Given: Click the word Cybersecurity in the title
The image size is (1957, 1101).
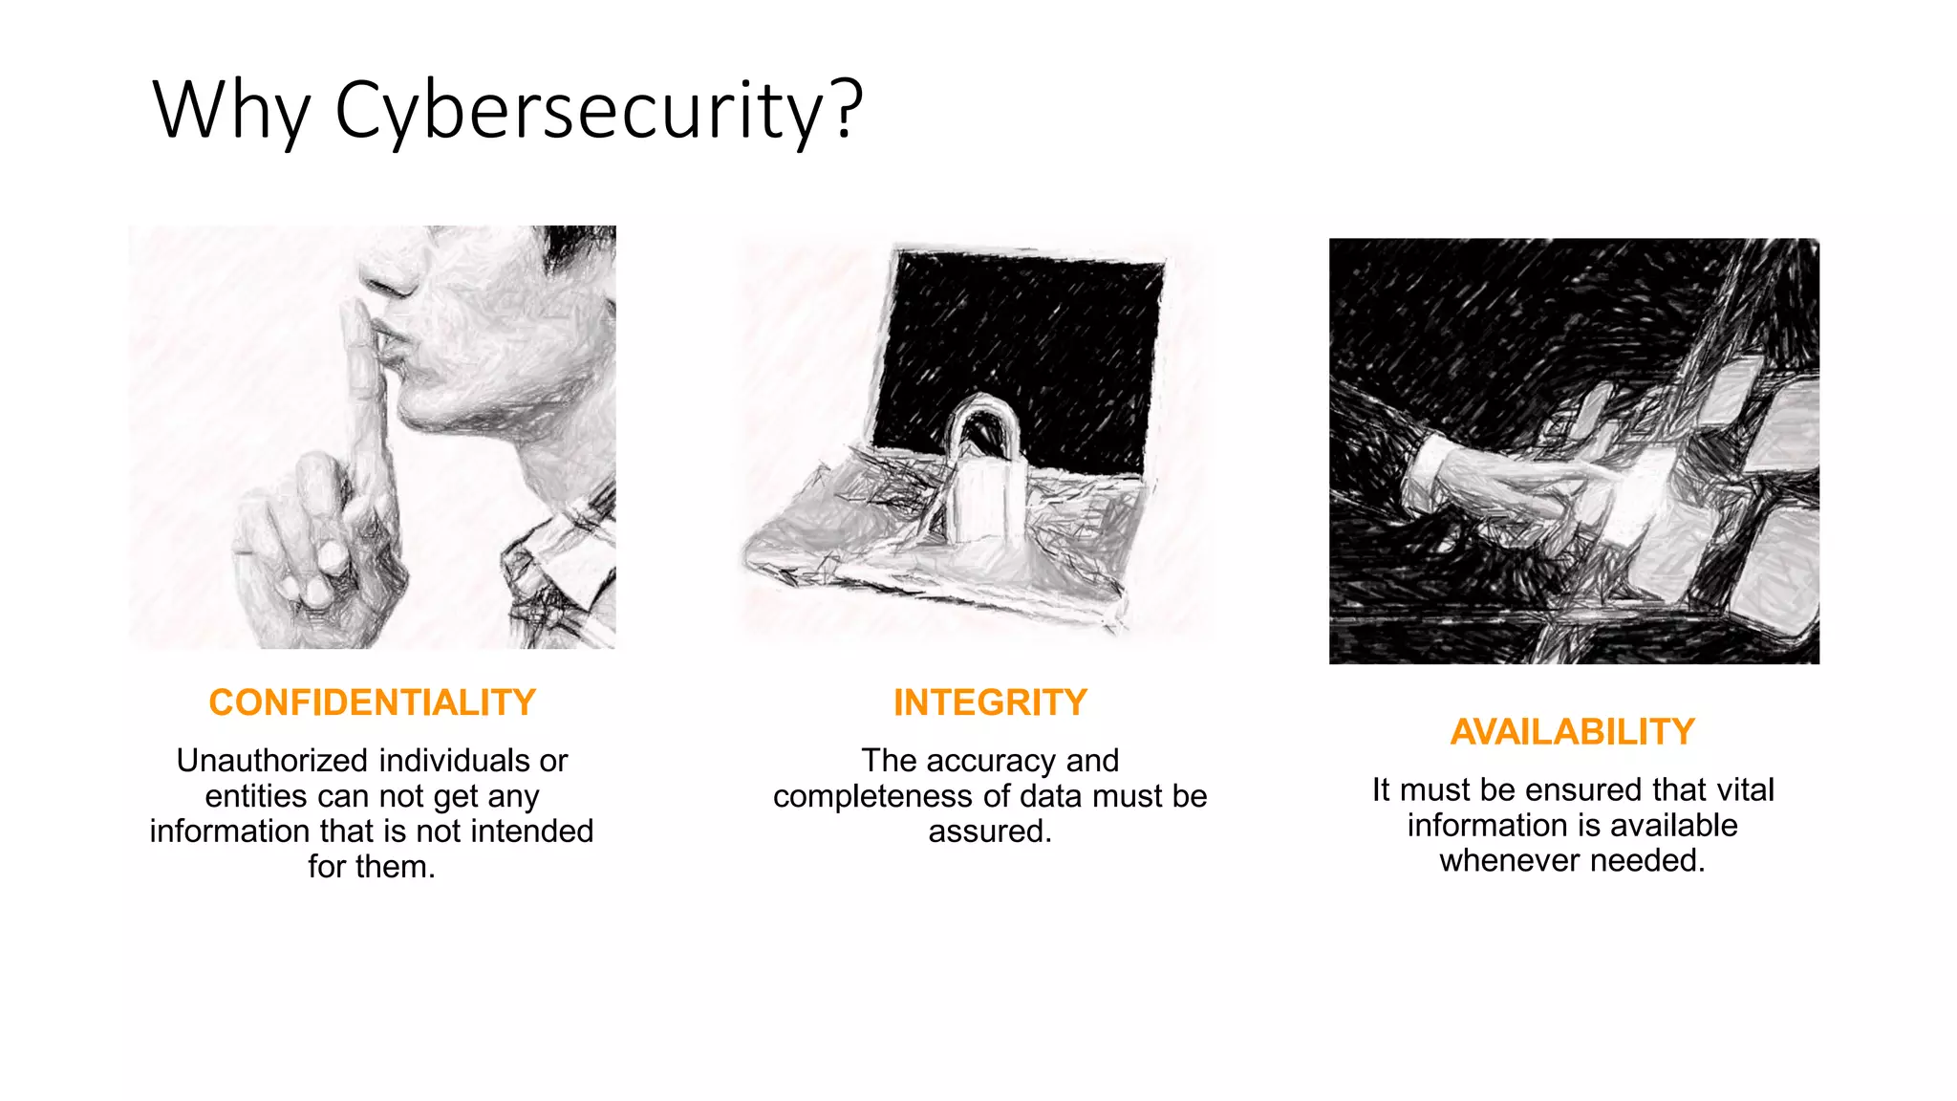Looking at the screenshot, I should tap(579, 111).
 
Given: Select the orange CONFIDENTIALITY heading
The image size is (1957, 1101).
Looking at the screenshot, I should tap(372, 702).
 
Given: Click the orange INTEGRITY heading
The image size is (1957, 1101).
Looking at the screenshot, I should tap(990, 702).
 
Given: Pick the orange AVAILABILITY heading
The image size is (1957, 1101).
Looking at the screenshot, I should tap(1572, 732).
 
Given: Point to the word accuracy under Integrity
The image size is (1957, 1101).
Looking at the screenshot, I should tap(992, 761).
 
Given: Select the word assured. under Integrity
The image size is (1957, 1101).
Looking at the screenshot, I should tap(990, 831).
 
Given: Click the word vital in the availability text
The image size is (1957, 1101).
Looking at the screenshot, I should tap(1745, 789).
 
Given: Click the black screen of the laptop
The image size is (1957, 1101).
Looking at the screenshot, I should tap(1032, 335).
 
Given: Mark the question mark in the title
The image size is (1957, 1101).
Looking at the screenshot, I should tap(847, 111).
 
